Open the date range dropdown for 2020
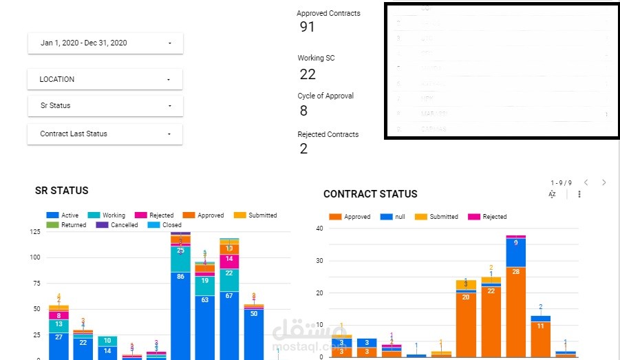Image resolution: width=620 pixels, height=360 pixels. coord(105,43)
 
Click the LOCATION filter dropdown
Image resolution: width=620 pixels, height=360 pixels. coord(105,79)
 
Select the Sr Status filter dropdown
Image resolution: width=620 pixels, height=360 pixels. coord(105,106)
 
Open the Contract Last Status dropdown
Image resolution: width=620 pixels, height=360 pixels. coord(105,134)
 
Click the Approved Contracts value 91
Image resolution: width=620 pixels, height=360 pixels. coord(307,27)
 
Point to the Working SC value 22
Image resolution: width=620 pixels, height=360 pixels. coord(307,74)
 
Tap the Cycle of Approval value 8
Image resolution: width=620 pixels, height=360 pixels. coord(303,111)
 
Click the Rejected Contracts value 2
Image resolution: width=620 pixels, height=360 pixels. coord(303,149)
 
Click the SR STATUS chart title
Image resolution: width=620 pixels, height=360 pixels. coord(62,191)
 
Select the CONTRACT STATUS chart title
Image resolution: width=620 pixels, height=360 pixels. coord(370,194)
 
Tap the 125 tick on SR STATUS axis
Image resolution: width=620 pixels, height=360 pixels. coord(34,232)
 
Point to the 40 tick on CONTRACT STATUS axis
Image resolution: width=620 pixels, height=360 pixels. coord(319,229)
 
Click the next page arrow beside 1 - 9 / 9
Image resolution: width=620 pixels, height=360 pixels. coord(604,182)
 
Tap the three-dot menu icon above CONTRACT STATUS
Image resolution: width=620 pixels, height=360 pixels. coord(579,195)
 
